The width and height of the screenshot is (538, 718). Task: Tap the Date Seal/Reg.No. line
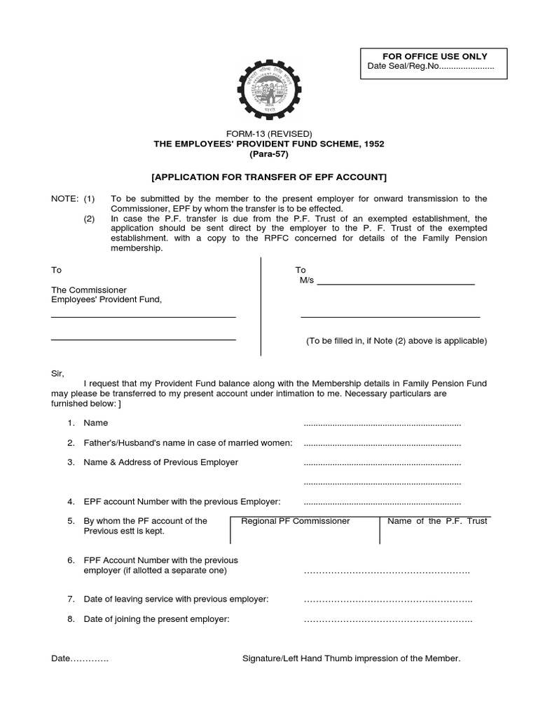point(431,67)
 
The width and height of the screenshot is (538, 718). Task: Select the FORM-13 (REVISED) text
point(269,134)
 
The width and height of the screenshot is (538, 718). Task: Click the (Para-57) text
point(269,154)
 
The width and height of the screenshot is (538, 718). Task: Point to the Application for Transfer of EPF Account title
point(269,177)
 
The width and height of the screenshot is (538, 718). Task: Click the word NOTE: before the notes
point(64,199)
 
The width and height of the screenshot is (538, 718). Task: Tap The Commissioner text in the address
point(88,290)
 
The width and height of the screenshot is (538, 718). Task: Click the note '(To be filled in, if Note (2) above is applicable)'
point(396,341)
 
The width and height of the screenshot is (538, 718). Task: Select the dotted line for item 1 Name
point(382,424)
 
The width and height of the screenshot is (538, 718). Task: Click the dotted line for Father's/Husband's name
point(382,444)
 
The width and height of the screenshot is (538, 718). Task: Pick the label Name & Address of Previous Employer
point(160,462)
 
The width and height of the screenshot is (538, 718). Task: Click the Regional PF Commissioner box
point(305,529)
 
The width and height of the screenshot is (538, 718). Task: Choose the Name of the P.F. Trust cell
point(437,529)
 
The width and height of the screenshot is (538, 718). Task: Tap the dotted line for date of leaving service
point(387,600)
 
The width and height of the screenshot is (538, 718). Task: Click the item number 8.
point(71,619)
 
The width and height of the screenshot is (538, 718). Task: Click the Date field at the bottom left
point(80,659)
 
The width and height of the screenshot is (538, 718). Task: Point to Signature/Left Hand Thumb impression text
point(351,659)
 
